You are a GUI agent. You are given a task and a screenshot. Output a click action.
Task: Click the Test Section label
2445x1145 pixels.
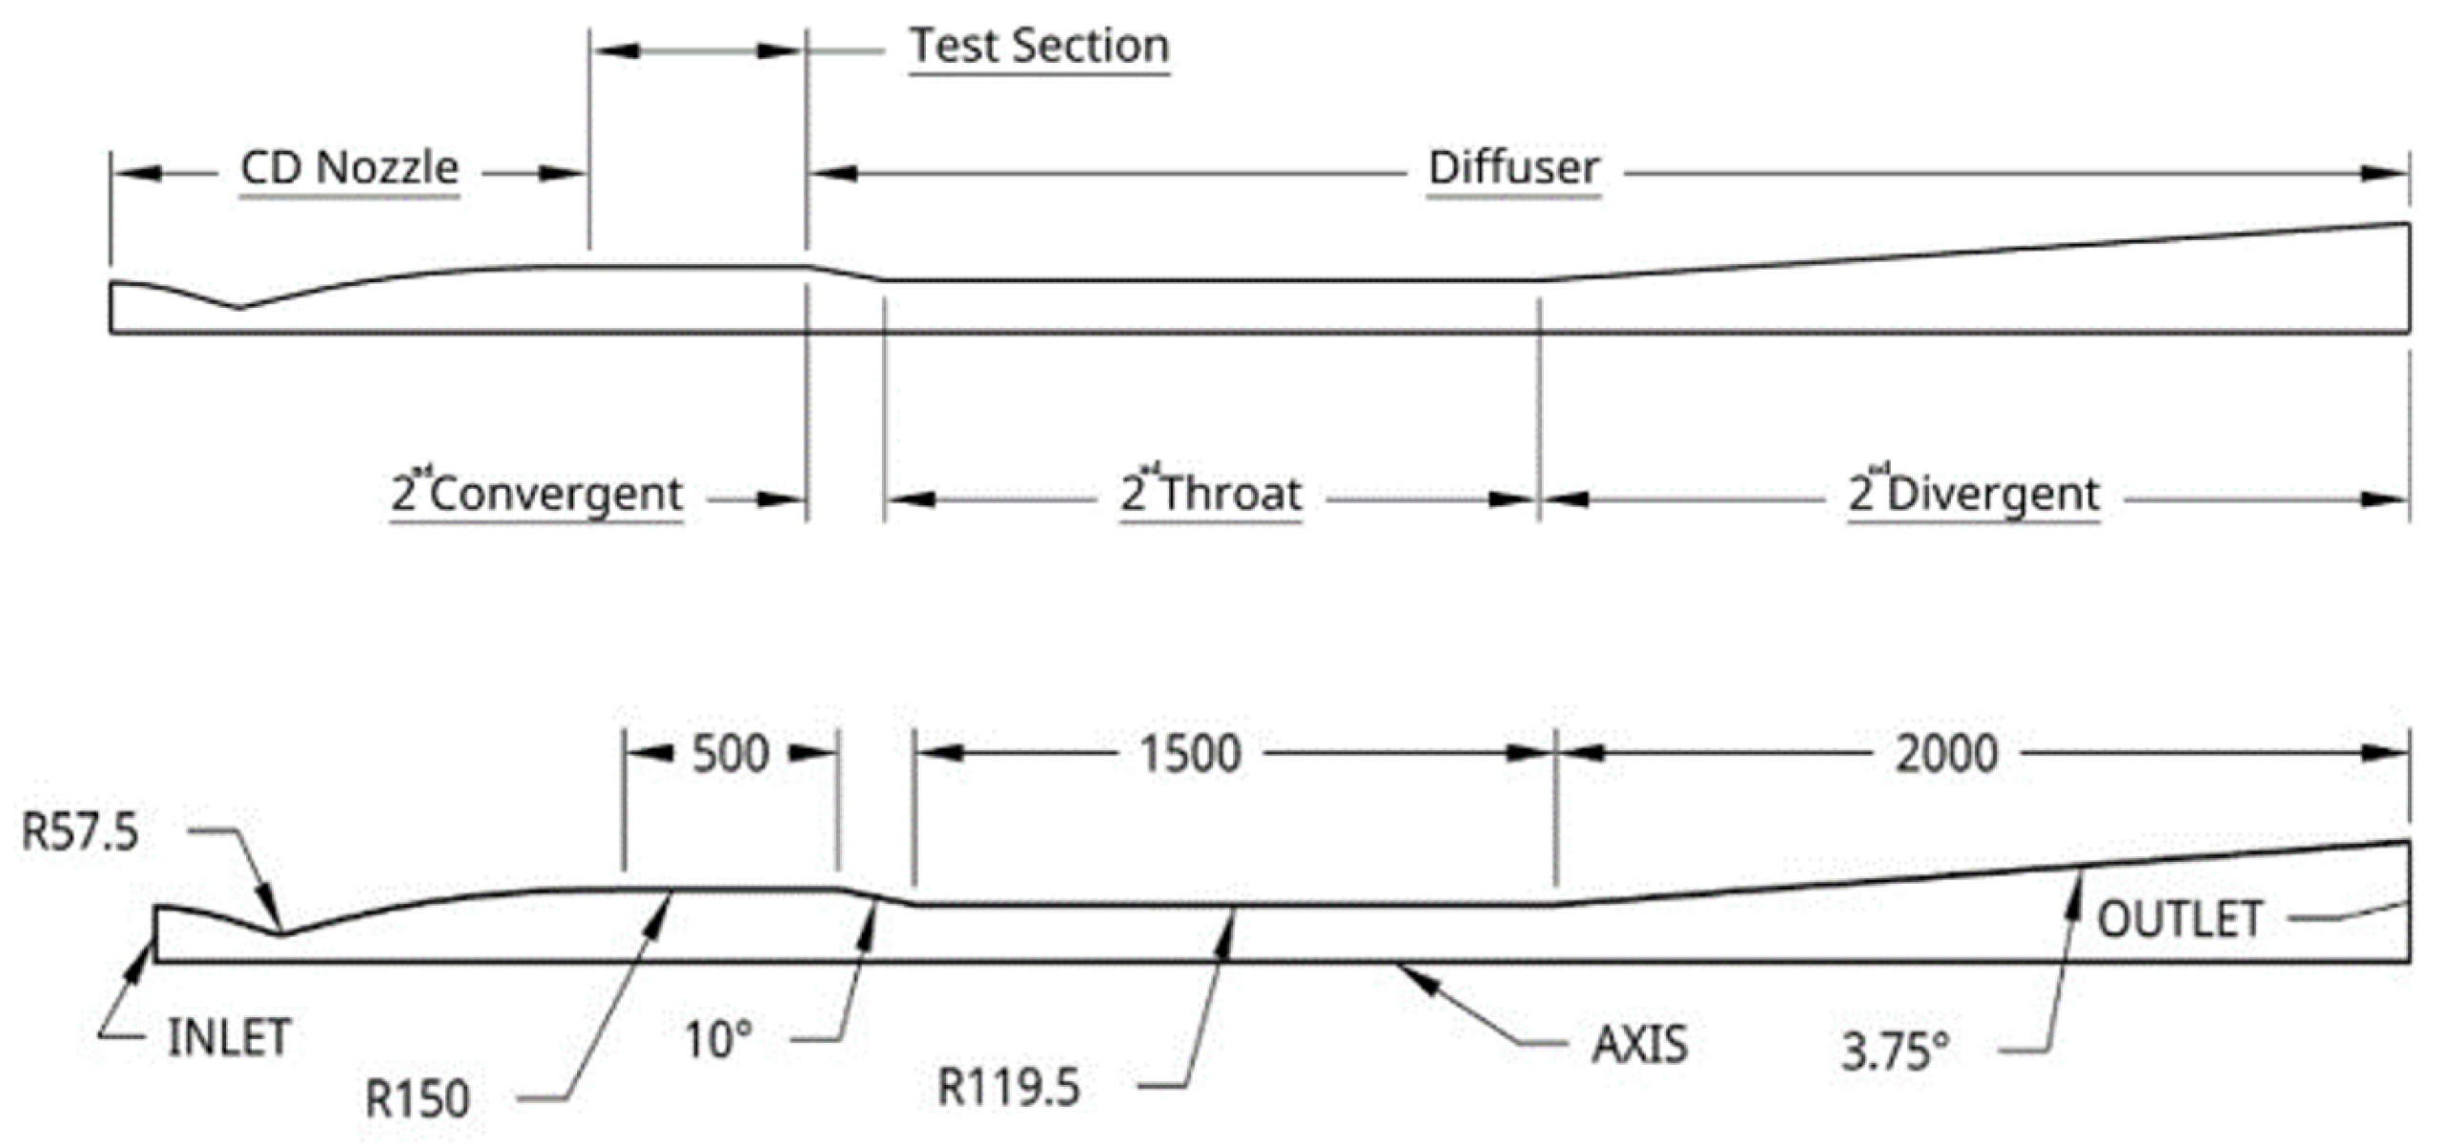tap(1039, 47)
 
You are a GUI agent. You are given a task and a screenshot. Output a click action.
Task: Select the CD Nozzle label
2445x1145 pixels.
tap(349, 169)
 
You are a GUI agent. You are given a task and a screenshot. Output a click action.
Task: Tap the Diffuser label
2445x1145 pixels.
tap(1513, 169)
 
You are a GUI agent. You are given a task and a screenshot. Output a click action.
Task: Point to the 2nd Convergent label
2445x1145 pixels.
tap(537, 494)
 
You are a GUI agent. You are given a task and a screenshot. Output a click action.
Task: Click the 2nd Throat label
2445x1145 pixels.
tap(1211, 494)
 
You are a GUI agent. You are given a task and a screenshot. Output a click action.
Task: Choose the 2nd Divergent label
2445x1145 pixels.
tap(1974, 494)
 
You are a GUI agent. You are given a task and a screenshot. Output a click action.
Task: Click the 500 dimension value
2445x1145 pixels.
tap(730, 754)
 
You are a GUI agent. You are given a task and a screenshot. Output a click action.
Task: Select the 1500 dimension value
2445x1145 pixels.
tap(1191, 754)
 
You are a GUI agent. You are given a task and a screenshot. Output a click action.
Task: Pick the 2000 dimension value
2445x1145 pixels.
tap(1946, 754)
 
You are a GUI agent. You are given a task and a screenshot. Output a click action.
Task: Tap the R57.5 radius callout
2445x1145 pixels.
tap(80, 832)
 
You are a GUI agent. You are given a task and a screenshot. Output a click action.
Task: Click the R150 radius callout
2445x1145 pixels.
tap(418, 1099)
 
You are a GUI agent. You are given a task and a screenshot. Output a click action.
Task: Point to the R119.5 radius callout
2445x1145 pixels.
tap(1009, 1088)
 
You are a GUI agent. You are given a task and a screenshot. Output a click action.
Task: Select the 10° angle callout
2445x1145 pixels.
tap(719, 1040)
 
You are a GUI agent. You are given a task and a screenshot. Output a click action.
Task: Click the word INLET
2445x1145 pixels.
tap(229, 1038)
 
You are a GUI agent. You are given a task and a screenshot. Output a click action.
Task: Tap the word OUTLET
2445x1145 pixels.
tap(2179, 920)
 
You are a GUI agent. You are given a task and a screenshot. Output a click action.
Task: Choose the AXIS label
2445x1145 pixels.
tap(1639, 1045)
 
